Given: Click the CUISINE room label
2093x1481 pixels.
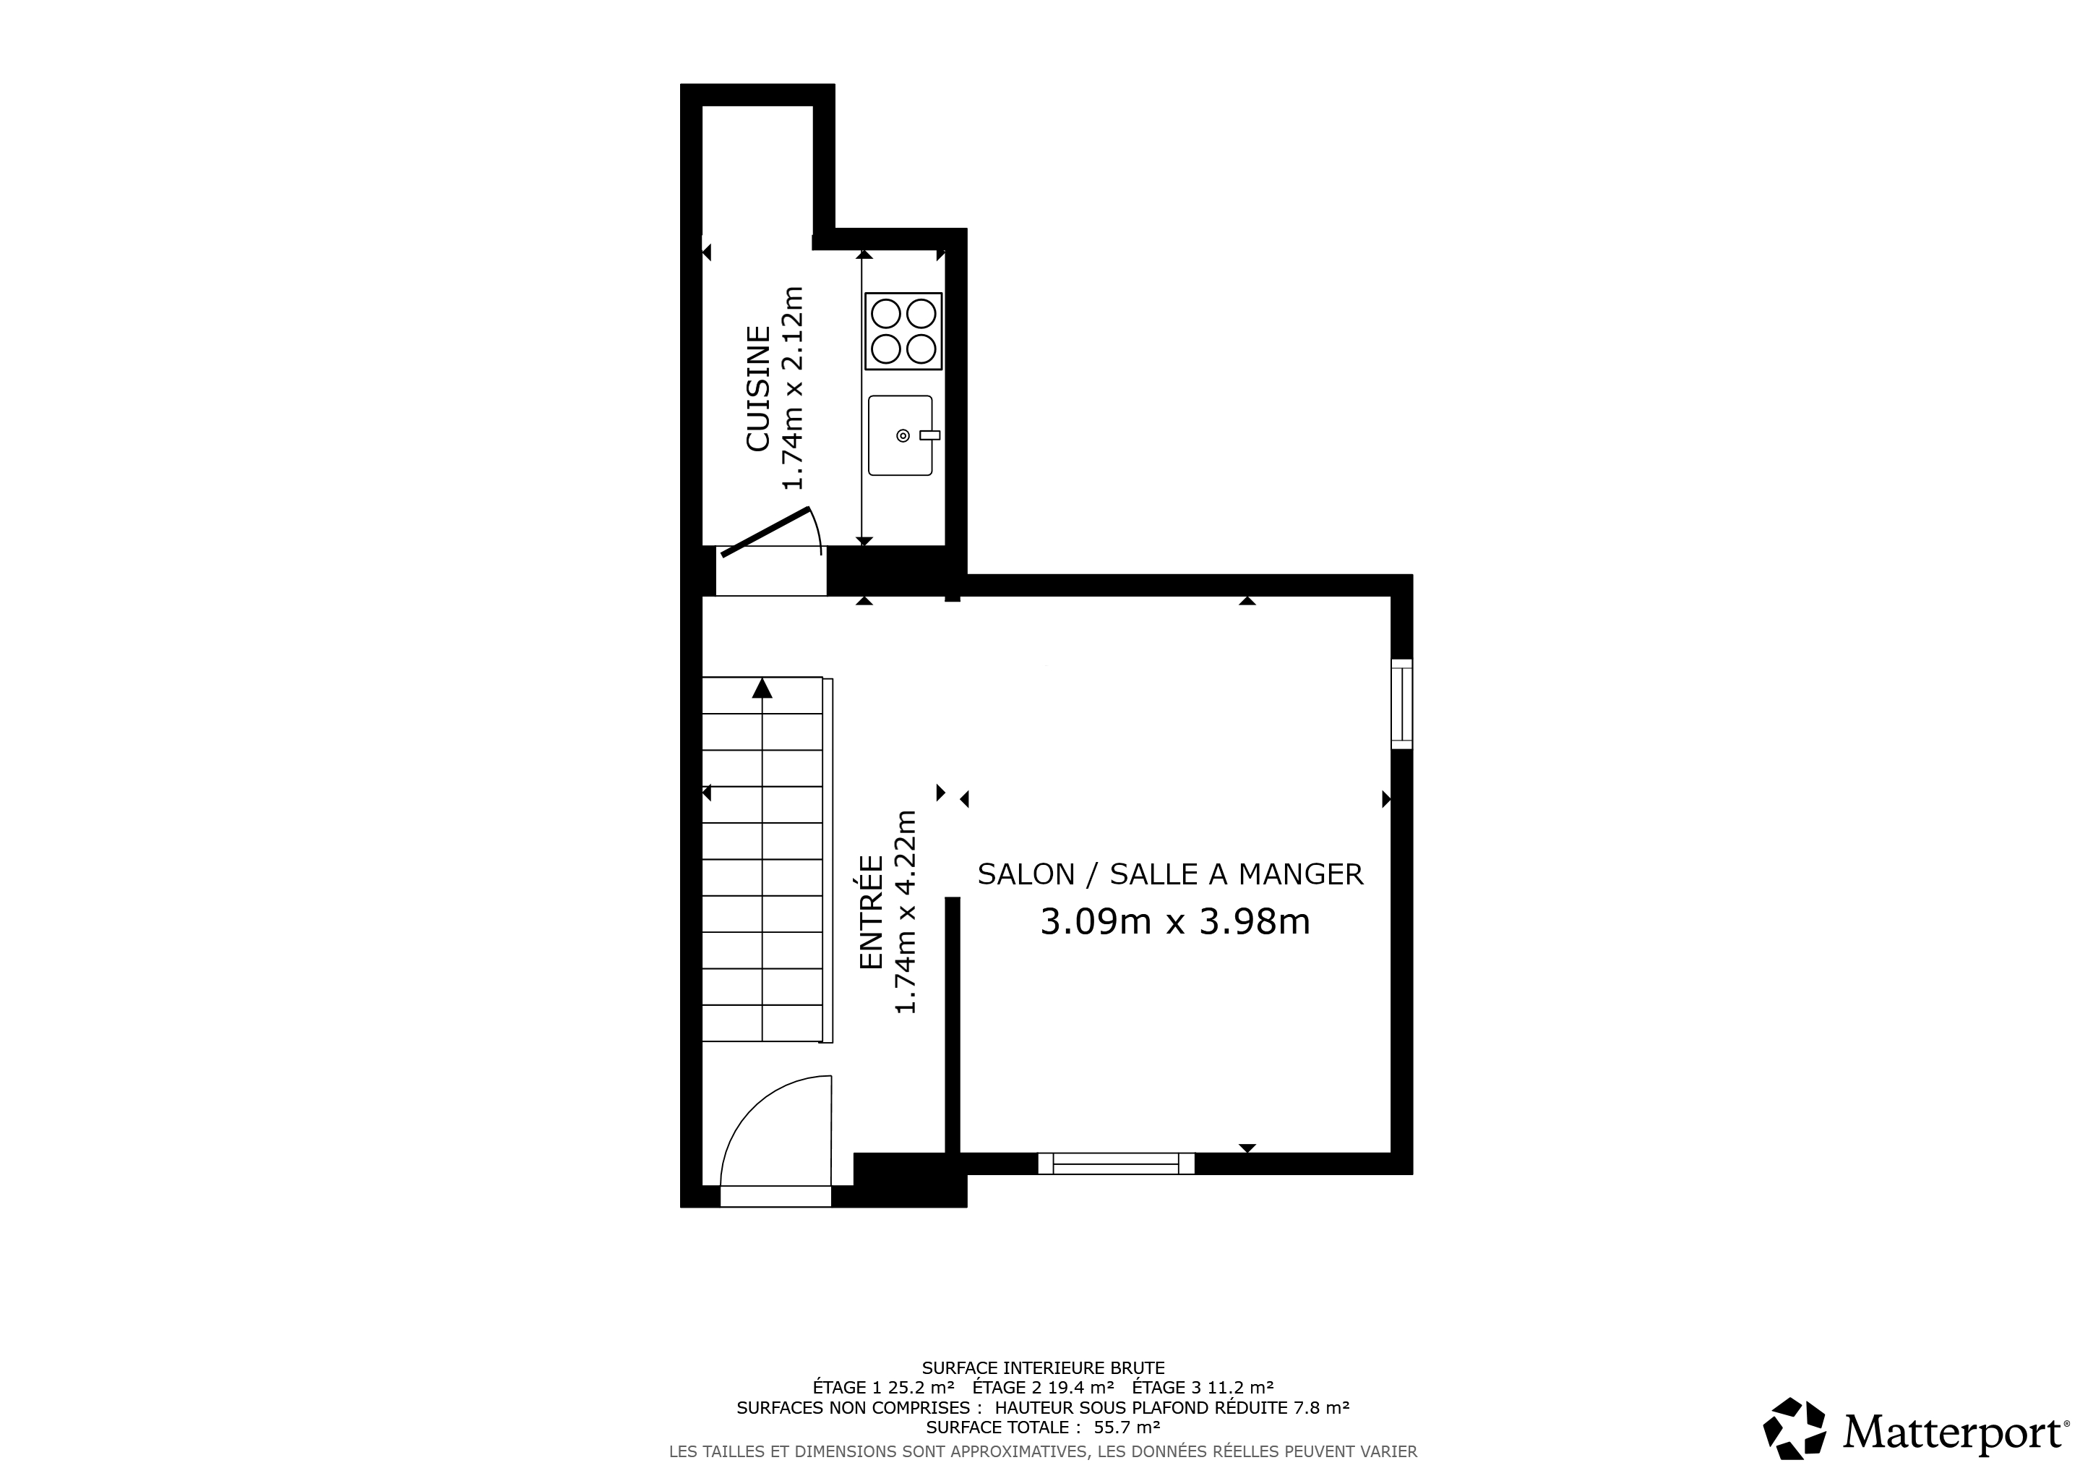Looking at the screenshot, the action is (x=758, y=388).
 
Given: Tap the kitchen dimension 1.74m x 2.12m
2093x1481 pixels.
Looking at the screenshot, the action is (x=793, y=388).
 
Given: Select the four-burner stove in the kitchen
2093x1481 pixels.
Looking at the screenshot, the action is (x=903, y=331).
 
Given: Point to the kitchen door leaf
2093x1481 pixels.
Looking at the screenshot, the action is (x=765, y=532).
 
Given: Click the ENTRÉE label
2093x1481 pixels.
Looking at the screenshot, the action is (x=872, y=912).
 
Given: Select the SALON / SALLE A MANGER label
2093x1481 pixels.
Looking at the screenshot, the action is (x=1171, y=874).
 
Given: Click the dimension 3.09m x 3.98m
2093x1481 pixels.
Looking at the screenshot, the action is (x=1175, y=922).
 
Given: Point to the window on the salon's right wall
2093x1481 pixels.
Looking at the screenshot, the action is (x=1402, y=704).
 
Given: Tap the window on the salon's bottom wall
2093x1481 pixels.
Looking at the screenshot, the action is (x=1117, y=1164).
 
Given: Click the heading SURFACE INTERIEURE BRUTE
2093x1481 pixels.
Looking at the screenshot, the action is (x=1044, y=1368).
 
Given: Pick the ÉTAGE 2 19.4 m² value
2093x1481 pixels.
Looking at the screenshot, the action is (x=1044, y=1388).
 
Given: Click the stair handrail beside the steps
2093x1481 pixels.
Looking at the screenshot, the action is (x=828, y=860).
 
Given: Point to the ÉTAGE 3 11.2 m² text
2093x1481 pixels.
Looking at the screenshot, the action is (x=1203, y=1388).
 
